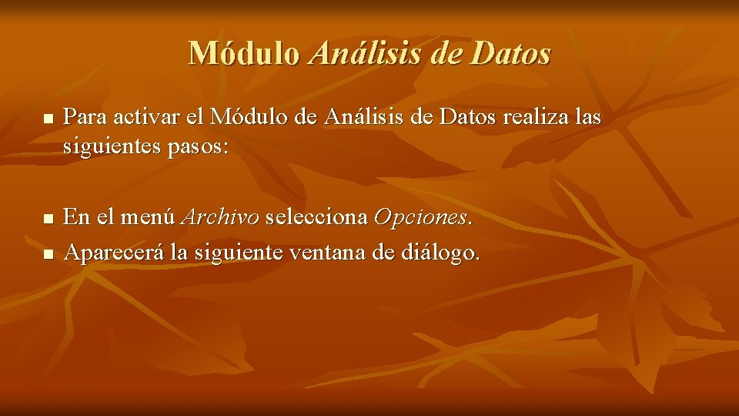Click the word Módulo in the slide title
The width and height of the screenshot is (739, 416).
click(245, 53)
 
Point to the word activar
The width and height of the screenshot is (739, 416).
click(143, 117)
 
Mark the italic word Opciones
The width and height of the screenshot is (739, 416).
click(421, 218)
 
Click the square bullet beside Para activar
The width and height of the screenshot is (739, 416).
click(48, 119)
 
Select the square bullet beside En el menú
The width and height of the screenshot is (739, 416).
click(48, 220)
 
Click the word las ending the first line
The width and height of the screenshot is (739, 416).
click(586, 117)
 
